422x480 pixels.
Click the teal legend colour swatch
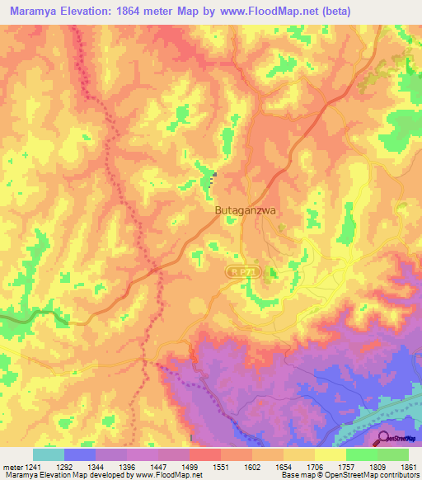click(49, 454)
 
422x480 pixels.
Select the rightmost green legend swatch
click(393, 454)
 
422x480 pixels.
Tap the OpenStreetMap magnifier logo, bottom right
click(385, 438)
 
